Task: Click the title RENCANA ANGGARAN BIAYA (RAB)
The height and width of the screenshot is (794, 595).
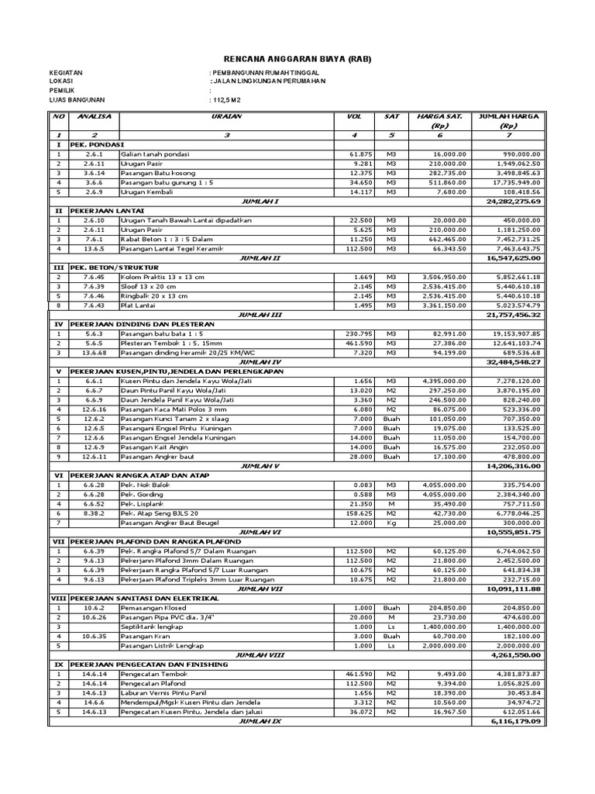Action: coord(297,59)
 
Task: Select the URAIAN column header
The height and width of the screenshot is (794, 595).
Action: coord(226,116)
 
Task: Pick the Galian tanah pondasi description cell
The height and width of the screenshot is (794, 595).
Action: coord(155,154)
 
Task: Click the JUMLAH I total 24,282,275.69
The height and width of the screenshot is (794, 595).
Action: coord(512,201)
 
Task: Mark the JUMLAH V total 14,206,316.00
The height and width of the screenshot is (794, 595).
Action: coord(512,467)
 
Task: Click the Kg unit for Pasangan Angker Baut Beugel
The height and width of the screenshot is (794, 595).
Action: coord(391,523)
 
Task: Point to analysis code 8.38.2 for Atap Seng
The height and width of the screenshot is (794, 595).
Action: coord(94,513)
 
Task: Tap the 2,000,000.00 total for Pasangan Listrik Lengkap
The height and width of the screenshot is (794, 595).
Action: coord(514,645)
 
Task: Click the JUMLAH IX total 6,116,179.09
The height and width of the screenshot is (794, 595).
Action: coord(512,720)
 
